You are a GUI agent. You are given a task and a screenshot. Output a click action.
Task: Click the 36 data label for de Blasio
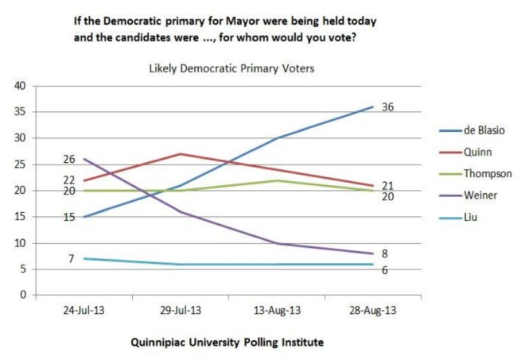point(387,107)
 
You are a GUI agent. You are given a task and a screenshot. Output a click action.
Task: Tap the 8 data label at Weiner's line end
point(384,254)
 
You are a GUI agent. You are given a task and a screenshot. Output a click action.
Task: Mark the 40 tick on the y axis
point(21,86)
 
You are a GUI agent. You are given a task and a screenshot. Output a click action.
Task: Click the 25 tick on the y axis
point(21,165)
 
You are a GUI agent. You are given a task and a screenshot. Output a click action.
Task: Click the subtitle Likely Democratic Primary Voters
point(232,69)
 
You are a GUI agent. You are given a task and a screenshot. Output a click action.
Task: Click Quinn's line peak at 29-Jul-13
point(181,153)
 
